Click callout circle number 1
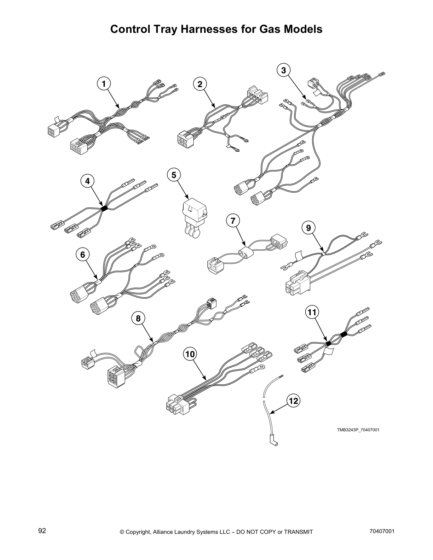(x=104, y=84)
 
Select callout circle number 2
(x=200, y=84)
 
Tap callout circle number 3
(x=283, y=70)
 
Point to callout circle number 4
(x=87, y=181)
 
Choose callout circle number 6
(x=83, y=254)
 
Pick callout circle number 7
(x=233, y=221)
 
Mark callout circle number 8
(x=138, y=319)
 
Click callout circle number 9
(x=308, y=228)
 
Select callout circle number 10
(x=190, y=354)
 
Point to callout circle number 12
(x=294, y=401)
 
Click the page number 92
(x=42, y=531)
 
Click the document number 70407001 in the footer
(x=381, y=531)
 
